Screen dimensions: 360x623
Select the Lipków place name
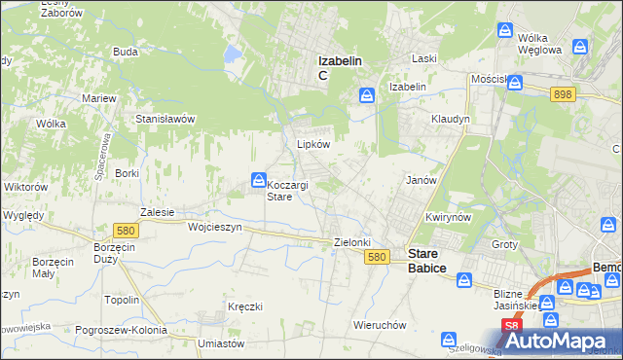click(313, 143)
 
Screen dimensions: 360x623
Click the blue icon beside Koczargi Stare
click(258, 180)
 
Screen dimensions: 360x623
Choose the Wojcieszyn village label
click(214, 226)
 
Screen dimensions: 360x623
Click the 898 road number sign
click(562, 93)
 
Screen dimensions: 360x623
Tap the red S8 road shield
click(511, 326)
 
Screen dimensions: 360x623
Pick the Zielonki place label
click(353, 241)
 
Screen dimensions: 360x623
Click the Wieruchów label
click(380, 325)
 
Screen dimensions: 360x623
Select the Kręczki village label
click(245, 306)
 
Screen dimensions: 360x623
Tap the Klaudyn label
click(451, 119)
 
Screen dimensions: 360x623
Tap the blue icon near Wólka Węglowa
click(505, 31)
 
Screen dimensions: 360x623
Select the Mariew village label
click(99, 98)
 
